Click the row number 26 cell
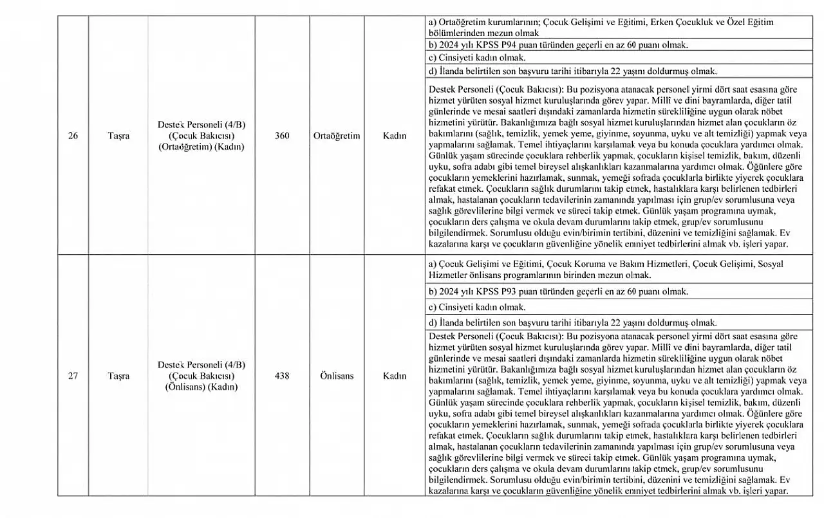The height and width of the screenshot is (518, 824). (x=73, y=136)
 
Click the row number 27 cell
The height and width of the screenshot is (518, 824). (x=73, y=376)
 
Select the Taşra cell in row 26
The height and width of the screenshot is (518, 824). (x=118, y=136)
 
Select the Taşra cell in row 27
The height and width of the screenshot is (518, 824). (x=118, y=376)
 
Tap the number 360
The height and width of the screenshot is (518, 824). (x=282, y=136)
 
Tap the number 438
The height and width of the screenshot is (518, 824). (x=282, y=376)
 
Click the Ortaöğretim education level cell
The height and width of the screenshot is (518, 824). (x=337, y=136)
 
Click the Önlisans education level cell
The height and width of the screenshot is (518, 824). (x=337, y=376)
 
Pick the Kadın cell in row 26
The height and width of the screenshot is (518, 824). (x=395, y=136)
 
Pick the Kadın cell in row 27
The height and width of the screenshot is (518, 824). (x=395, y=376)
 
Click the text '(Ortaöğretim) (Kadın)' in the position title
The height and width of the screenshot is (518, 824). (x=201, y=147)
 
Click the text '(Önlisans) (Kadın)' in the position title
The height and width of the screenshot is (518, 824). (x=201, y=387)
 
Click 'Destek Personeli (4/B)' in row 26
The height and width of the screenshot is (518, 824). (x=201, y=125)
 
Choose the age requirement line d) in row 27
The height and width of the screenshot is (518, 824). (x=572, y=322)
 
